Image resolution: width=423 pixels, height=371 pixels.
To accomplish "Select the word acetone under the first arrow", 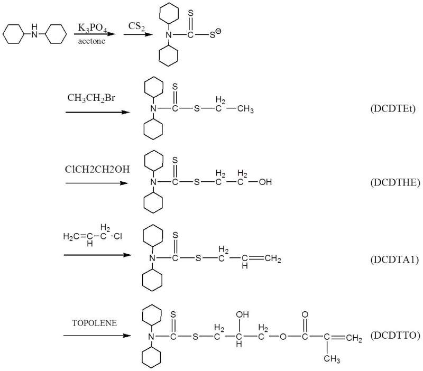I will [x=90, y=41].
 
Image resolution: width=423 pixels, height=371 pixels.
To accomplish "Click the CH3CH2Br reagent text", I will [x=88, y=98].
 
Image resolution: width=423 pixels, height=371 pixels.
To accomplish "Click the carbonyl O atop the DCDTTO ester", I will [x=305, y=313].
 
